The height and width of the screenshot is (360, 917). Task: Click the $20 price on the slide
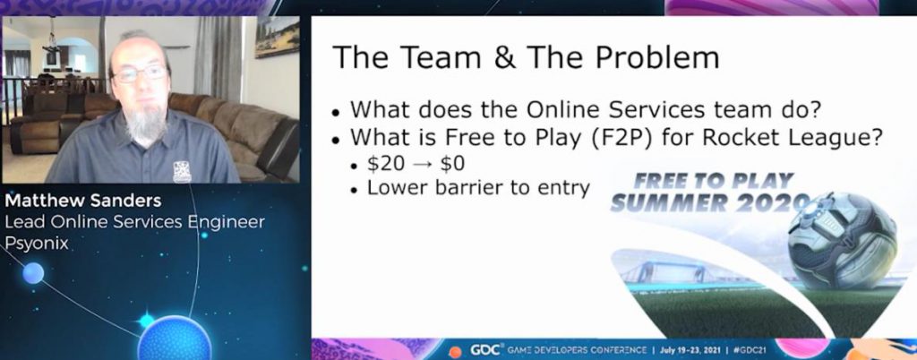pos(386,164)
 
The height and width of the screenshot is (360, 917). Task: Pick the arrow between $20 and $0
pos(423,164)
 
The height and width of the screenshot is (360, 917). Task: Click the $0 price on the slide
pos(452,164)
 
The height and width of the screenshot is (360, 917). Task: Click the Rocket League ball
pos(842,240)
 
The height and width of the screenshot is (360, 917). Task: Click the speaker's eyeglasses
pos(140,73)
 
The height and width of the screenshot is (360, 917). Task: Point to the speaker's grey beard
pos(145,122)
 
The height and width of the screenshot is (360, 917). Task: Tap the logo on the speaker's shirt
pos(182,171)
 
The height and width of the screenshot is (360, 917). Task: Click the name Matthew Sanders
pos(82,201)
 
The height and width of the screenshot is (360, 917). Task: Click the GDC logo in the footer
pos(486,350)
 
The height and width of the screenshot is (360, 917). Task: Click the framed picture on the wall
pos(277,37)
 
